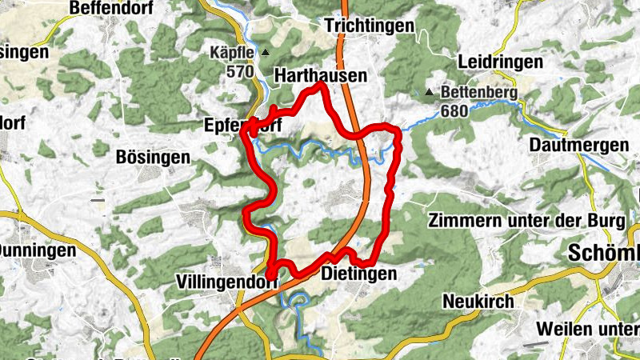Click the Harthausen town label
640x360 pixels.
[320, 75]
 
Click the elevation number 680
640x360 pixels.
[454, 110]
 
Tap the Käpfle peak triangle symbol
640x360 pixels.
[263, 54]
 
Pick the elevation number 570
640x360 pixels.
[238, 71]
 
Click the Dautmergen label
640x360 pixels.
[567, 146]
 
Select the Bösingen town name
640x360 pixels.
[154, 157]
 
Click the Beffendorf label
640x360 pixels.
[112, 8]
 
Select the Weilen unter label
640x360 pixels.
[588, 328]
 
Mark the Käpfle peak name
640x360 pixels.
[231, 54]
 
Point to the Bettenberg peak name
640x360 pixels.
[480, 93]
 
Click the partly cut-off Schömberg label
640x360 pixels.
[604, 254]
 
